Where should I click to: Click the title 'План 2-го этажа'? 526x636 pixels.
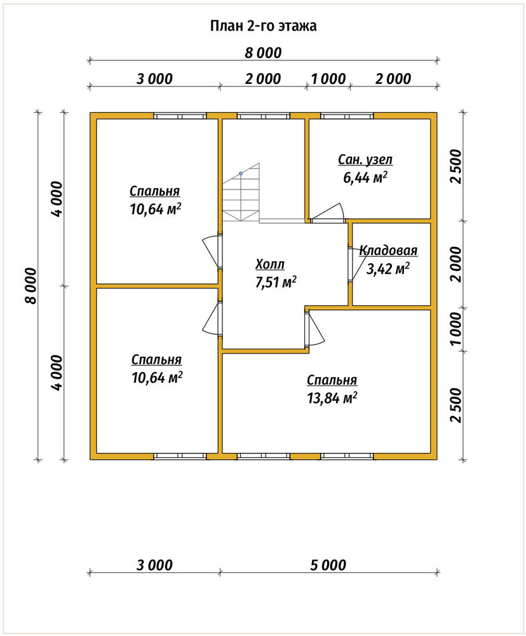point(263,26)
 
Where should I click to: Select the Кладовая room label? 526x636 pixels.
point(388,251)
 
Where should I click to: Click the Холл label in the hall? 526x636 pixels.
point(270,265)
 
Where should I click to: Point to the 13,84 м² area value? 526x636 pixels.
point(332,398)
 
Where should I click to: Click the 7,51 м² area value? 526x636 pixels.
point(276,282)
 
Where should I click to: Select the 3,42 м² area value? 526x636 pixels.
point(388,268)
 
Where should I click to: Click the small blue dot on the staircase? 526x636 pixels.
point(241,173)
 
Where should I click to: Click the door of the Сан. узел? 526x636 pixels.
point(328,213)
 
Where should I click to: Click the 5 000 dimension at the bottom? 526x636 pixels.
point(328,565)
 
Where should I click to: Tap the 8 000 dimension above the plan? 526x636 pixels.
point(263,53)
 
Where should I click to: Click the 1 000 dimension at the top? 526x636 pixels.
point(328,79)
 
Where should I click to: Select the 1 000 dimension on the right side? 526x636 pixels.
point(456,329)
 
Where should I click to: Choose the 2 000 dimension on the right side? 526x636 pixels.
point(456,264)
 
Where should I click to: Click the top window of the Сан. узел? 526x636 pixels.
point(347,116)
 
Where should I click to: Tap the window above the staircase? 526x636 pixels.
point(264,116)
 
